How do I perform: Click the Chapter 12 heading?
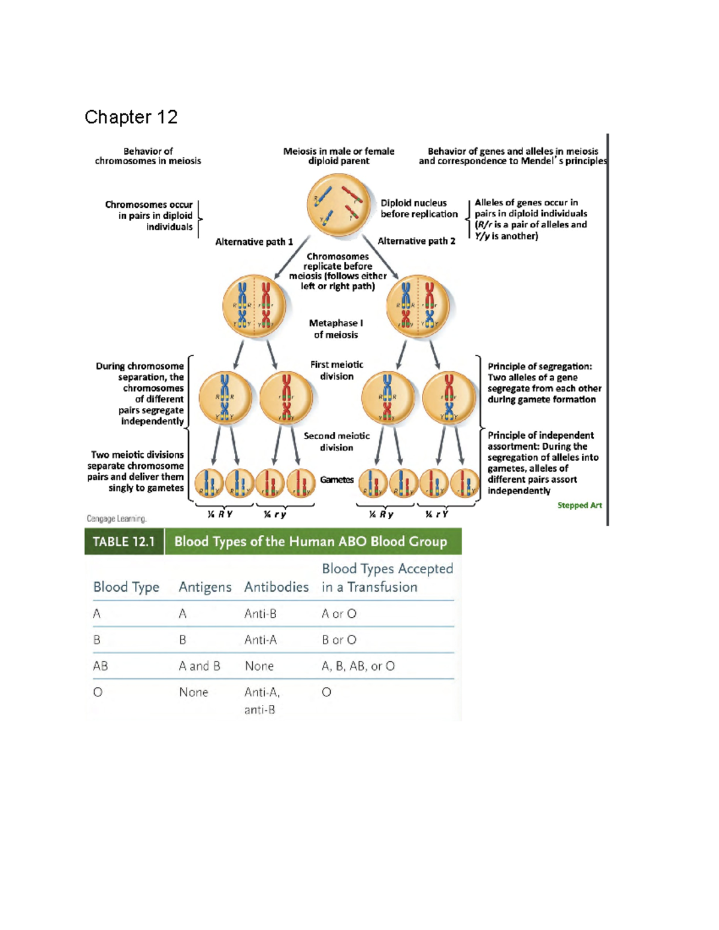coord(131,117)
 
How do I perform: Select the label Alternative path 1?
coord(254,242)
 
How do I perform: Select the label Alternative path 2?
coord(416,241)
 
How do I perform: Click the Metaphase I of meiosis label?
coord(336,329)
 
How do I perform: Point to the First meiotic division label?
coord(337,370)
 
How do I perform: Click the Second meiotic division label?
coord(337,441)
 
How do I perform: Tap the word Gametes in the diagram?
coord(337,480)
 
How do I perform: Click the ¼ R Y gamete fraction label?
coord(220,514)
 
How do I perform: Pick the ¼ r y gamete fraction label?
coord(275,514)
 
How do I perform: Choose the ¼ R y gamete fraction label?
coord(382,514)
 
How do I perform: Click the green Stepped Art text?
coord(579,505)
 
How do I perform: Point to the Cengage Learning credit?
coord(116,519)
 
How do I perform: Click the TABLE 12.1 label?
coord(124,541)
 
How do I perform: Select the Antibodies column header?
coord(276,587)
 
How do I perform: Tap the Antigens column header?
coord(205,587)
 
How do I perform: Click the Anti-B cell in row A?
coord(260,614)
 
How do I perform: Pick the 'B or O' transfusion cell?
coord(339,640)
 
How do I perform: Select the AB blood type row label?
coord(101,666)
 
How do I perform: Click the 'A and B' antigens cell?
coord(200,666)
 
